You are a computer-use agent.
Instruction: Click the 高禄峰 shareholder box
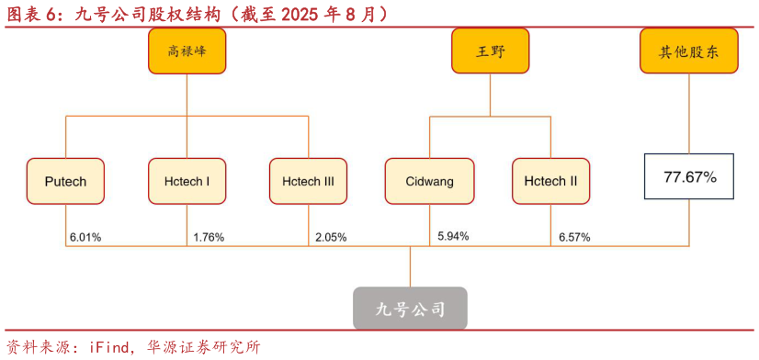pyautogui.click(x=187, y=51)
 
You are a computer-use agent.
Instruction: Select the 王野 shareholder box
pyautogui.click(x=490, y=51)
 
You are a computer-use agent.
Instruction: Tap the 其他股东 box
pyautogui.click(x=690, y=51)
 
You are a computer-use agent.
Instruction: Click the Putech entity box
pyautogui.click(x=65, y=181)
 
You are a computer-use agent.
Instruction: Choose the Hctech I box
pyautogui.click(x=187, y=181)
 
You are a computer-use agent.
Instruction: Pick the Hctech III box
pyautogui.click(x=308, y=181)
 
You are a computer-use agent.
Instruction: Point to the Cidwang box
pyautogui.click(x=429, y=181)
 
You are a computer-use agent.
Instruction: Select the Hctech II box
pyautogui.click(x=550, y=181)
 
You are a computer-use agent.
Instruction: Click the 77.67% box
pyautogui.click(x=690, y=177)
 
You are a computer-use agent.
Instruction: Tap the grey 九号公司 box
pyautogui.click(x=411, y=309)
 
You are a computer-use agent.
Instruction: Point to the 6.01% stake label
pyautogui.click(x=85, y=237)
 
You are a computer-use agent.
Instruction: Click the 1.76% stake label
pyautogui.click(x=209, y=237)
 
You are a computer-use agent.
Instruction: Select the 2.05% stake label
pyautogui.click(x=331, y=237)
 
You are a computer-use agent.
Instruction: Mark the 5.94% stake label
pyautogui.click(x=453, y=236)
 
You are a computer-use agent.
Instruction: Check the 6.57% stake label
pyautogui.click(x=574, y=237)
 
